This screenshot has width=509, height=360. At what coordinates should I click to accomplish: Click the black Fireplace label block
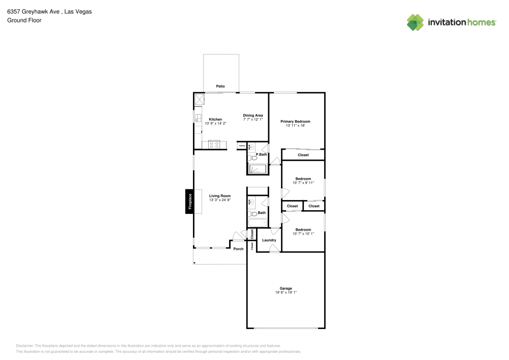[x=189, y=201]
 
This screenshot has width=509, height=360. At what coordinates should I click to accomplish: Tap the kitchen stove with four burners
[x=214, y=144]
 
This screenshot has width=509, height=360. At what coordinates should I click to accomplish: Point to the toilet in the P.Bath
[x=253, y=159]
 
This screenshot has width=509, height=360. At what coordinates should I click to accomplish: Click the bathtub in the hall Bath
[x=257, y=223]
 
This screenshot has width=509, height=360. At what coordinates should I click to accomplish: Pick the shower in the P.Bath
[x=257, y=169]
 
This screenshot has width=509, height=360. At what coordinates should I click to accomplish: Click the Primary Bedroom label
[x=295, y=122]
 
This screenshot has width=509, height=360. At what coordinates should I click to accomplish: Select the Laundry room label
[x=269, y=240]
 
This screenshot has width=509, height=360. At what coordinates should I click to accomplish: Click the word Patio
[x=220, y=87]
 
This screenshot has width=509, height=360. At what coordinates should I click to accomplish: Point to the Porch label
[x=238, y=249]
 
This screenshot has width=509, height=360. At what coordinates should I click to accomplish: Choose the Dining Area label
[x=252, y=116]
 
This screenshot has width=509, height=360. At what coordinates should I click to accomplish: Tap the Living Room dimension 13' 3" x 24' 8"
[x=220, y=200]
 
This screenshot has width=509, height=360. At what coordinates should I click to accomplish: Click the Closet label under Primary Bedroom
[x=303, y=155]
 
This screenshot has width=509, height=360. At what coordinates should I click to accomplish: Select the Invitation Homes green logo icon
[x=415, y=22]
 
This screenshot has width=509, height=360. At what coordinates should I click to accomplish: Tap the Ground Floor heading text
[x=24, y=20]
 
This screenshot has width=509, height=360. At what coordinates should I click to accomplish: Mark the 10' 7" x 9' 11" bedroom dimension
[x=303, y=183]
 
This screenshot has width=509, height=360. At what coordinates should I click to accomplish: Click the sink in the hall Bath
[x=250, y=202]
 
